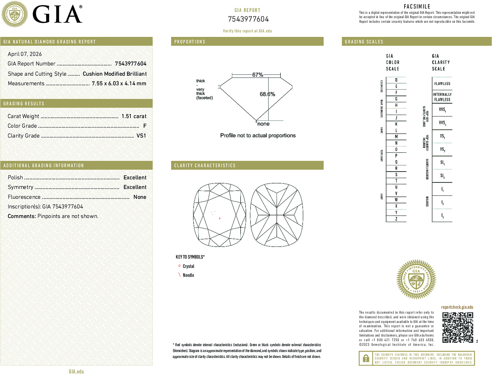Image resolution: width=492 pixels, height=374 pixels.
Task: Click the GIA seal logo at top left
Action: click(15, 14)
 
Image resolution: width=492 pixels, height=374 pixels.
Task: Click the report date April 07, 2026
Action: click(25, 54)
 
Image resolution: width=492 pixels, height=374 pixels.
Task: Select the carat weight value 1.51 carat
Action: click(134, 116)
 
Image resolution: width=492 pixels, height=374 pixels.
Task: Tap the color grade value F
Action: click(145, 126)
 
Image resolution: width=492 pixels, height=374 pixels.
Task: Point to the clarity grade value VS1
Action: click(141, 136)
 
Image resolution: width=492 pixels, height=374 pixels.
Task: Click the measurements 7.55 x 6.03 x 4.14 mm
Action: click(119, 84)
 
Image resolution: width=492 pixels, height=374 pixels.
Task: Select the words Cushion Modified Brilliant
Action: click(115, 74)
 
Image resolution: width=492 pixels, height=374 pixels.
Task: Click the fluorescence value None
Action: click(140, 197)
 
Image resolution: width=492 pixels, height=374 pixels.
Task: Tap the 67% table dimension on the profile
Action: click(257, 75)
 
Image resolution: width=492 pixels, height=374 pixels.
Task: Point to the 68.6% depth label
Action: click(267, 94)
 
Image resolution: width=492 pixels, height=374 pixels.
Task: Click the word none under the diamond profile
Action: click(263, 124)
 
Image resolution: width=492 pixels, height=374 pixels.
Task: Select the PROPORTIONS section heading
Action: click(190, 42)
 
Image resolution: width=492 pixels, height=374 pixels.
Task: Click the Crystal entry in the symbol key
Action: click(188, 266)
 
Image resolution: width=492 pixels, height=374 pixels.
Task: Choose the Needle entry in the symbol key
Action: click(188, 275)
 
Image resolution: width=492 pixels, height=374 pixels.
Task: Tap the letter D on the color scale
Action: click(396, 80)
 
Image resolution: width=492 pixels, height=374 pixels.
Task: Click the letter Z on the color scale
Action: click(396, 219)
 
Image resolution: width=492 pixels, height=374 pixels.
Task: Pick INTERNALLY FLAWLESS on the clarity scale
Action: click(442, 97)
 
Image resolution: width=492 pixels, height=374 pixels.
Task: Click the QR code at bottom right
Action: click(457, 327)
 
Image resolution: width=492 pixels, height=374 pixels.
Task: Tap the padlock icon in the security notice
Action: click(366, 358)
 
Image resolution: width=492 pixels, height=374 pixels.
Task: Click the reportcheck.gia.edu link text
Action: click(457, 307)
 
